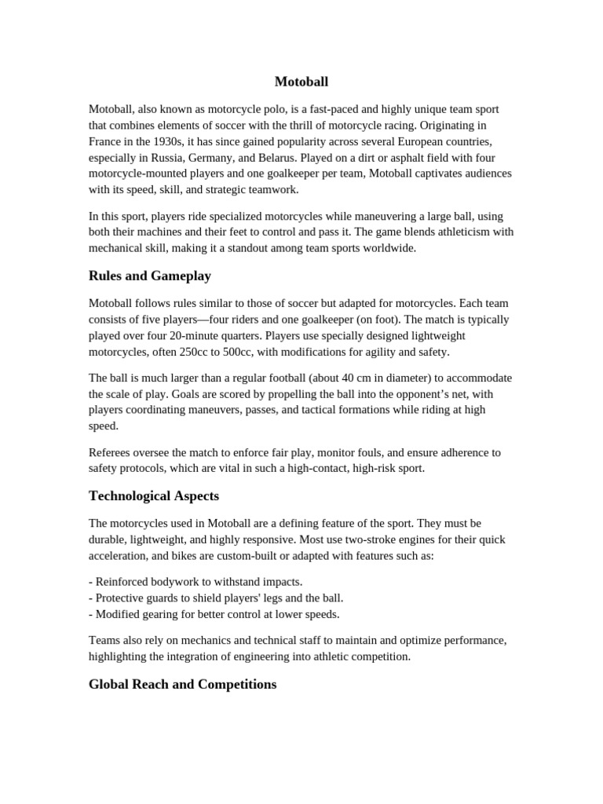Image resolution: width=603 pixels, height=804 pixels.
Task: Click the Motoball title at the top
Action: [x=301, y=82]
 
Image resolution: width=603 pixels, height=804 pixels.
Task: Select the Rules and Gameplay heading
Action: [x=150, y=276]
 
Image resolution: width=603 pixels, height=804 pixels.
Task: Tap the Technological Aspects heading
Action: [x=154, y=496]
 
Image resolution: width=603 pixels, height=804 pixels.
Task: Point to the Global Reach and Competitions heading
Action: [x=182, y=685]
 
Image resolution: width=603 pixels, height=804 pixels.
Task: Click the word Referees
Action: [x=111, y=452]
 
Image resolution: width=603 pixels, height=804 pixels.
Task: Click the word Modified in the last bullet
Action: [x=119, y=614]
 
